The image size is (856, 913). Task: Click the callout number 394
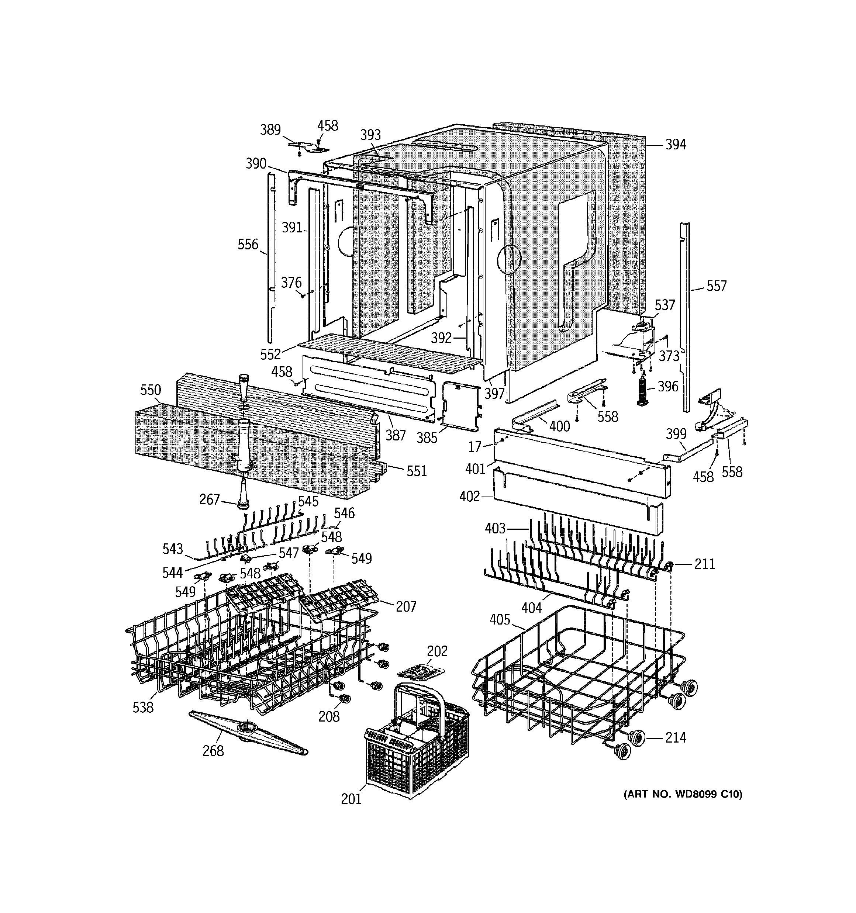tap(676, 145)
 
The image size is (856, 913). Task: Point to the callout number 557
tap(716, 287)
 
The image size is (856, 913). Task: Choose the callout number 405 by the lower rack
tap(500, 620)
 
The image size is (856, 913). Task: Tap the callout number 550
tap(150, 390)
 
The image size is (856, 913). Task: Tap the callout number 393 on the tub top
tap(370, 135)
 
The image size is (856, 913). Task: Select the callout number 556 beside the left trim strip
tap(248, 244)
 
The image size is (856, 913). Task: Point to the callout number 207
tap(406, 607)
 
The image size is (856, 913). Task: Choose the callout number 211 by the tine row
tap(704, 564)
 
